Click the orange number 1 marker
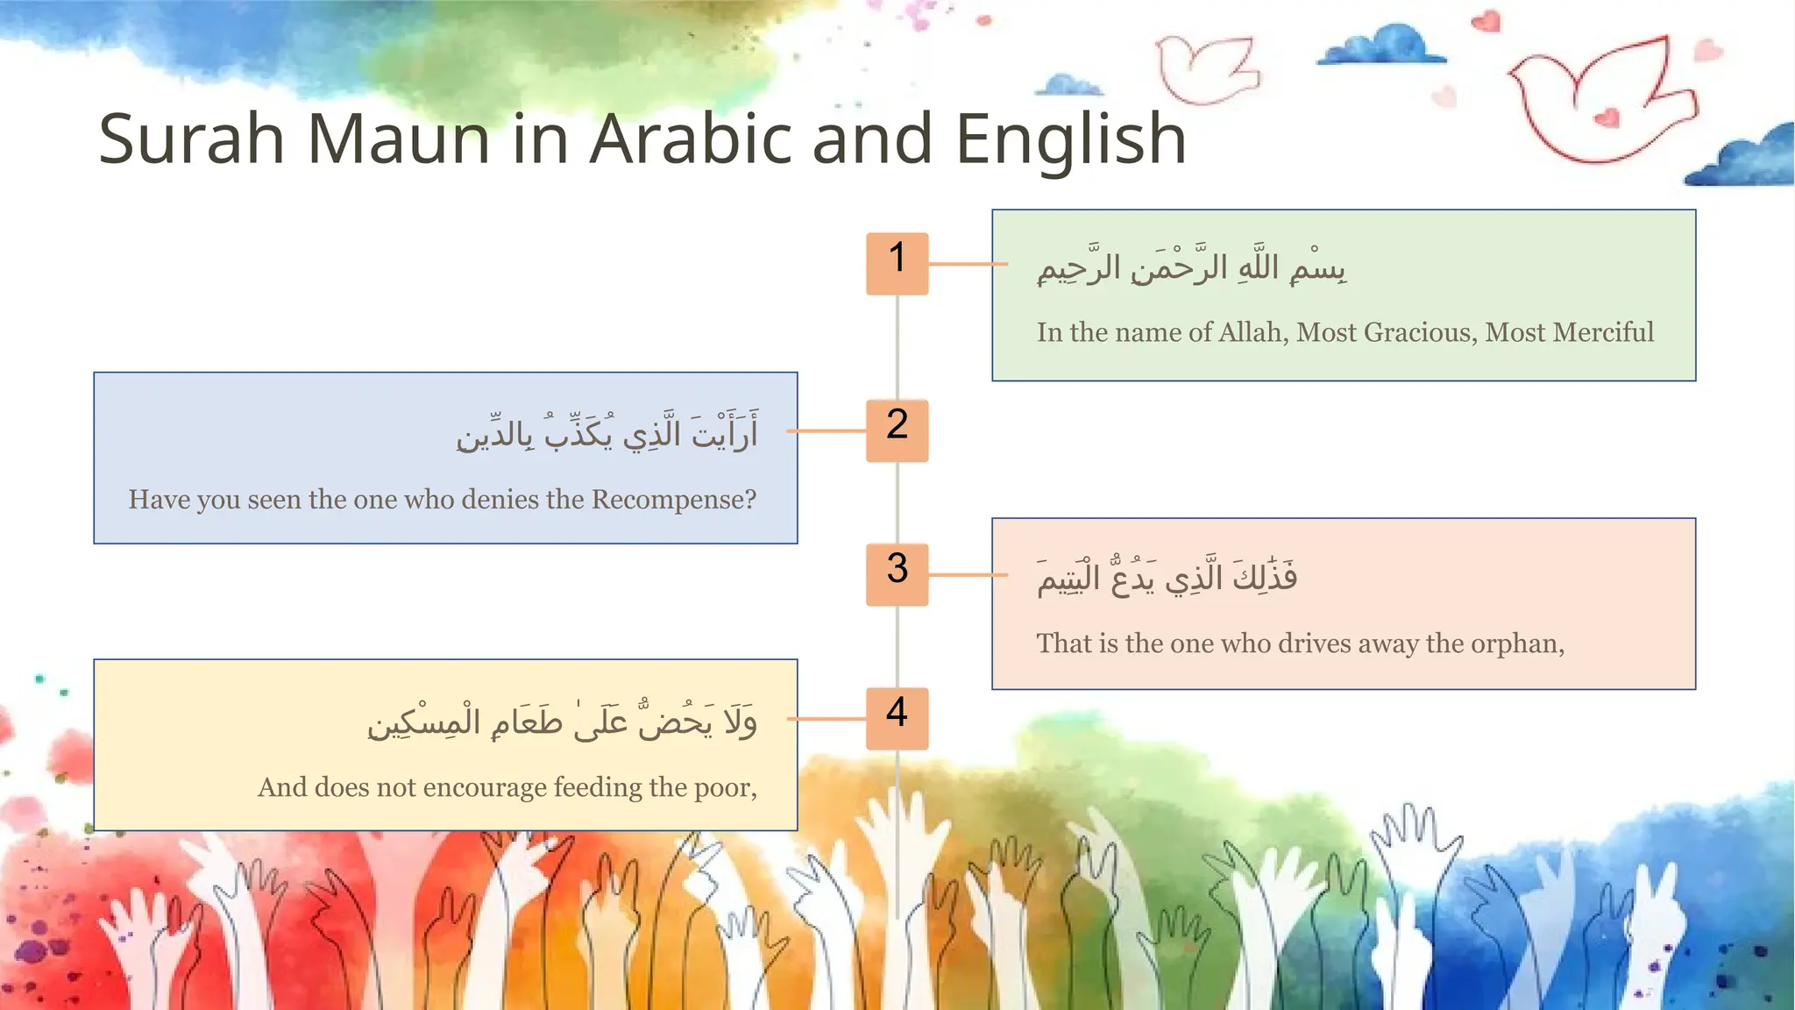pos(897,263)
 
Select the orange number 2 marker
pos(897,430)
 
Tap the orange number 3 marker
pos(897,574)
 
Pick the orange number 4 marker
pos(897,718)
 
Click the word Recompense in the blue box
pos(673,500)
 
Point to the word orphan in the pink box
pos(1516,644)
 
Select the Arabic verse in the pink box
pos(1167,576)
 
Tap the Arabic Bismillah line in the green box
pos(1191,267)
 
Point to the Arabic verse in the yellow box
pos(562,721)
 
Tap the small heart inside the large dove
pos(1607,117)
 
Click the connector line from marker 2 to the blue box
pos(827,430)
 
